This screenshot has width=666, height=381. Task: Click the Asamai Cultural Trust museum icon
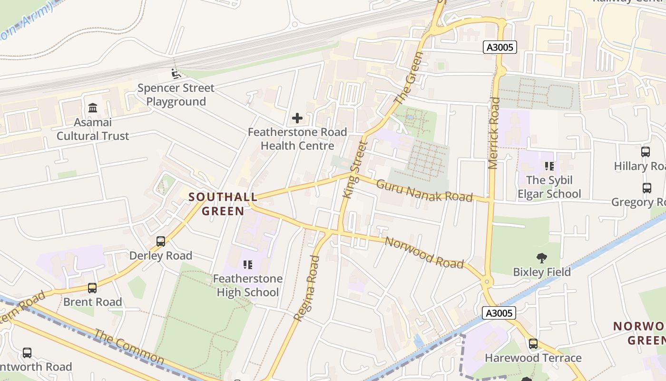(93, 108)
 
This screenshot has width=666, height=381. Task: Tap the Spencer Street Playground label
(176, 95)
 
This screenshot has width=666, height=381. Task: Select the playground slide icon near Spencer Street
(176, 74)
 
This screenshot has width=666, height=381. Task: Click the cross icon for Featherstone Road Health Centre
(297, 118)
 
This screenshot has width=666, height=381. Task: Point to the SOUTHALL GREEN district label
(223, 203)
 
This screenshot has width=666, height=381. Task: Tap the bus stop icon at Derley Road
(161, 241)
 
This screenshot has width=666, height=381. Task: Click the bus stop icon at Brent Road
(92, 288)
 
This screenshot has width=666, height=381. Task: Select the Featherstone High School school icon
(247, 264)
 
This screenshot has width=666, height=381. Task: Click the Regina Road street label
(307, 288)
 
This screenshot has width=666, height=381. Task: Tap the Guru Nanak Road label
(424, 190)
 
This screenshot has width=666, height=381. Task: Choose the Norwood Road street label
(424, 253)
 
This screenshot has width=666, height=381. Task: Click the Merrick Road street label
(494, 133)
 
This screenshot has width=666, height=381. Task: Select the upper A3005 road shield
(499, 47)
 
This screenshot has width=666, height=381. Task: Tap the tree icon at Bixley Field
(541, 258)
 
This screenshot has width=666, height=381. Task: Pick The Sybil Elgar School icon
(549, 166)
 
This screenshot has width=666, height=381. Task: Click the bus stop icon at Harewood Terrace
(533, 343)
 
